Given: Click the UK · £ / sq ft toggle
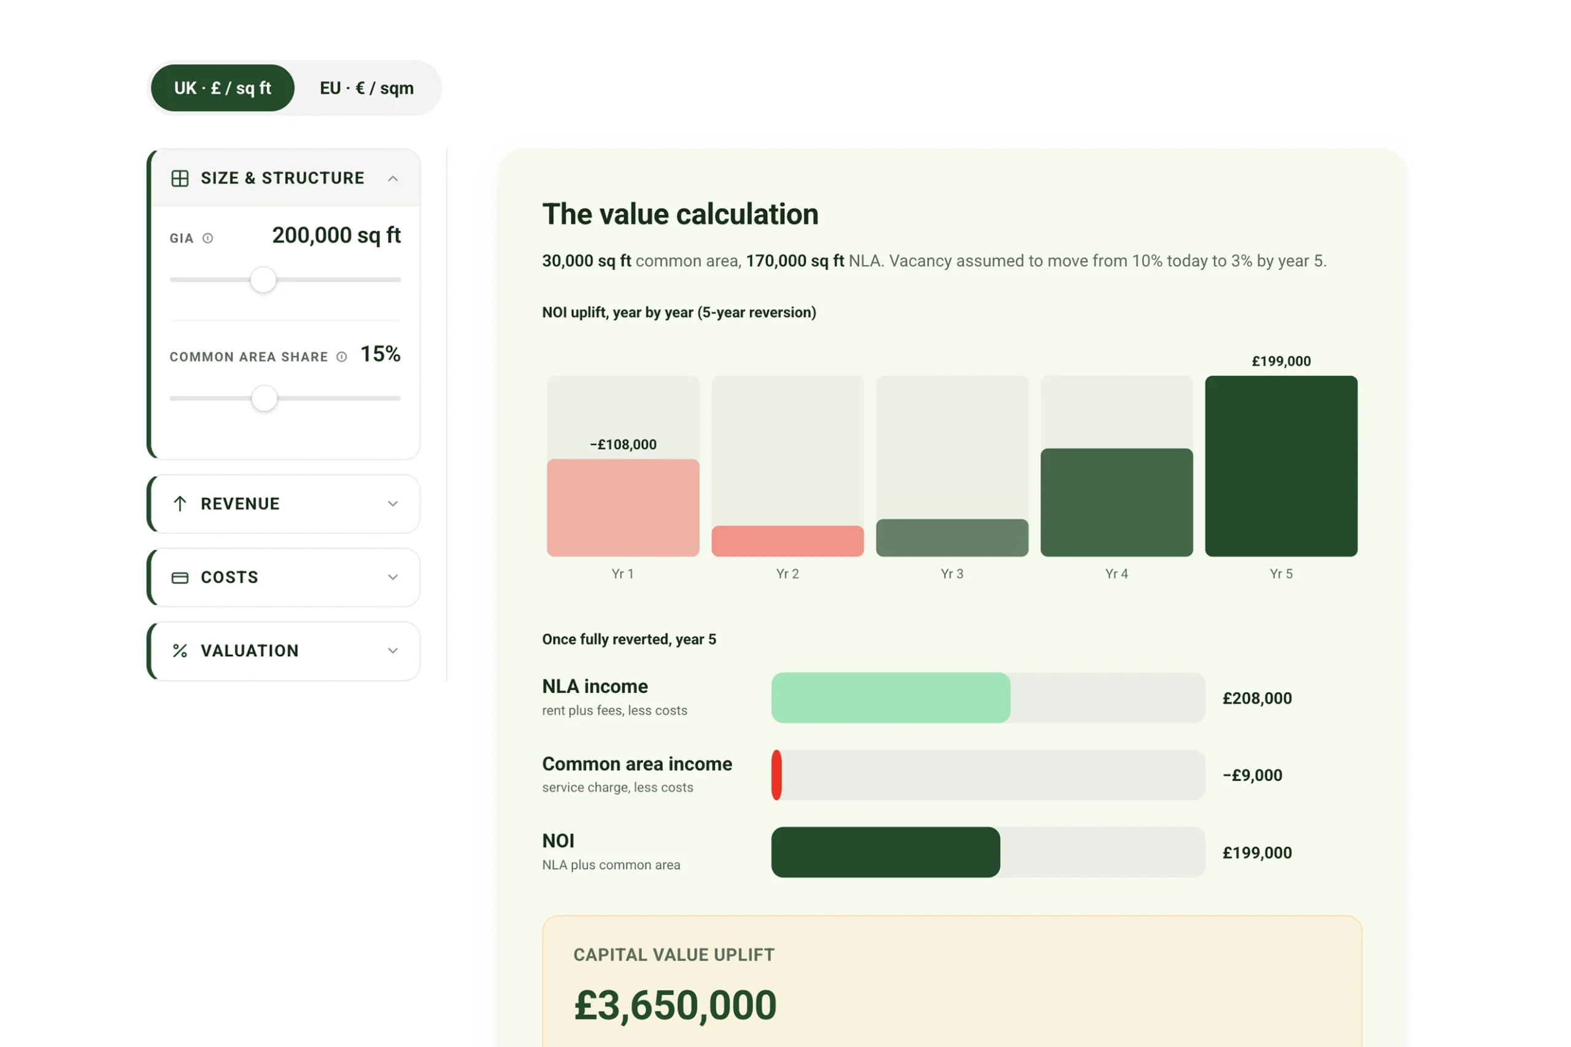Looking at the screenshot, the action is pos(222,88).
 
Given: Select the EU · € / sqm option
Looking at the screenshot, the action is pos(366,88).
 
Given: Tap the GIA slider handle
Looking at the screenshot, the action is pos(263,280).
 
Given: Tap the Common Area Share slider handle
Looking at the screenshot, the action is pos(264,399).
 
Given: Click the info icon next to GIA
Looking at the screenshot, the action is pos(207,238).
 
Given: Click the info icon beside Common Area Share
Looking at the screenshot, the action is pos(342,357).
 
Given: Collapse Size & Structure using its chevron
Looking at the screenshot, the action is pos(393,178).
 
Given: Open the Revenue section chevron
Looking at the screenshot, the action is pos(393,503).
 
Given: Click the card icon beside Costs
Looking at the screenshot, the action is pos(180,578).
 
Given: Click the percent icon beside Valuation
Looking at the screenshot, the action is pos(180,651).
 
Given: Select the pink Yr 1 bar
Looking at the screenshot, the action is pos(623,508).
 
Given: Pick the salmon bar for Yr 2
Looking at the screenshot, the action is pos(787,541).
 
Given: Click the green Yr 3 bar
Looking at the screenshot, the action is pos(952,538).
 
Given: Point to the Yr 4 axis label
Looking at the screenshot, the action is pos(1116,574).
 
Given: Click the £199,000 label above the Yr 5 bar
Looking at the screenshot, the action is pos(1281,361).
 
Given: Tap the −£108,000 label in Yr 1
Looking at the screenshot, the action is pos(623,445).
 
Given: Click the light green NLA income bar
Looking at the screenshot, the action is pos(890,698).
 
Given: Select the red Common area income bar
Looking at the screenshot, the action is pos(776,775).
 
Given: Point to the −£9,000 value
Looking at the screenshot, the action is pos(1252,775).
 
